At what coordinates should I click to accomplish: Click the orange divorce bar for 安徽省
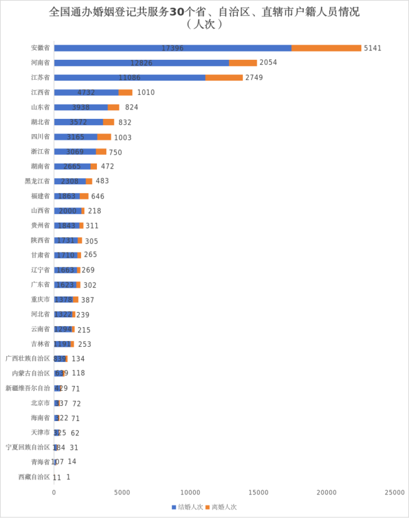pos(326,48)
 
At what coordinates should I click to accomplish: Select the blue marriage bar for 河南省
pos(141,62)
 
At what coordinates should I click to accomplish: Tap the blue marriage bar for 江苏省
pos(130,77)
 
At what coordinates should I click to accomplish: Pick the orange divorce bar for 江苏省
pos(224,77)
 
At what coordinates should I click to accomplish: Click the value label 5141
pos(372,48)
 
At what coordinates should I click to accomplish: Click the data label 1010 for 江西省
pos(145,93)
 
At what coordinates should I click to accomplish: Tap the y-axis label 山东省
pos(40,107)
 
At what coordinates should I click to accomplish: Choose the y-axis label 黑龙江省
pos(37,181)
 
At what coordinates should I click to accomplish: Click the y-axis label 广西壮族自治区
pos(28,358)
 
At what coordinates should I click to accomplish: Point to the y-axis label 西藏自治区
pos(34,476)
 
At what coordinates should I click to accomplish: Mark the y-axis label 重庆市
pos(40,300)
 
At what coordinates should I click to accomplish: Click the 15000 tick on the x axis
pos(258,492)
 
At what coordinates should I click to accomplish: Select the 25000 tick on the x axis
pos(395,492)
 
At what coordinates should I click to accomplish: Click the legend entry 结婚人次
pos(188,507)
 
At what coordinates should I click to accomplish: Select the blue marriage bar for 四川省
pos(76,137)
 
